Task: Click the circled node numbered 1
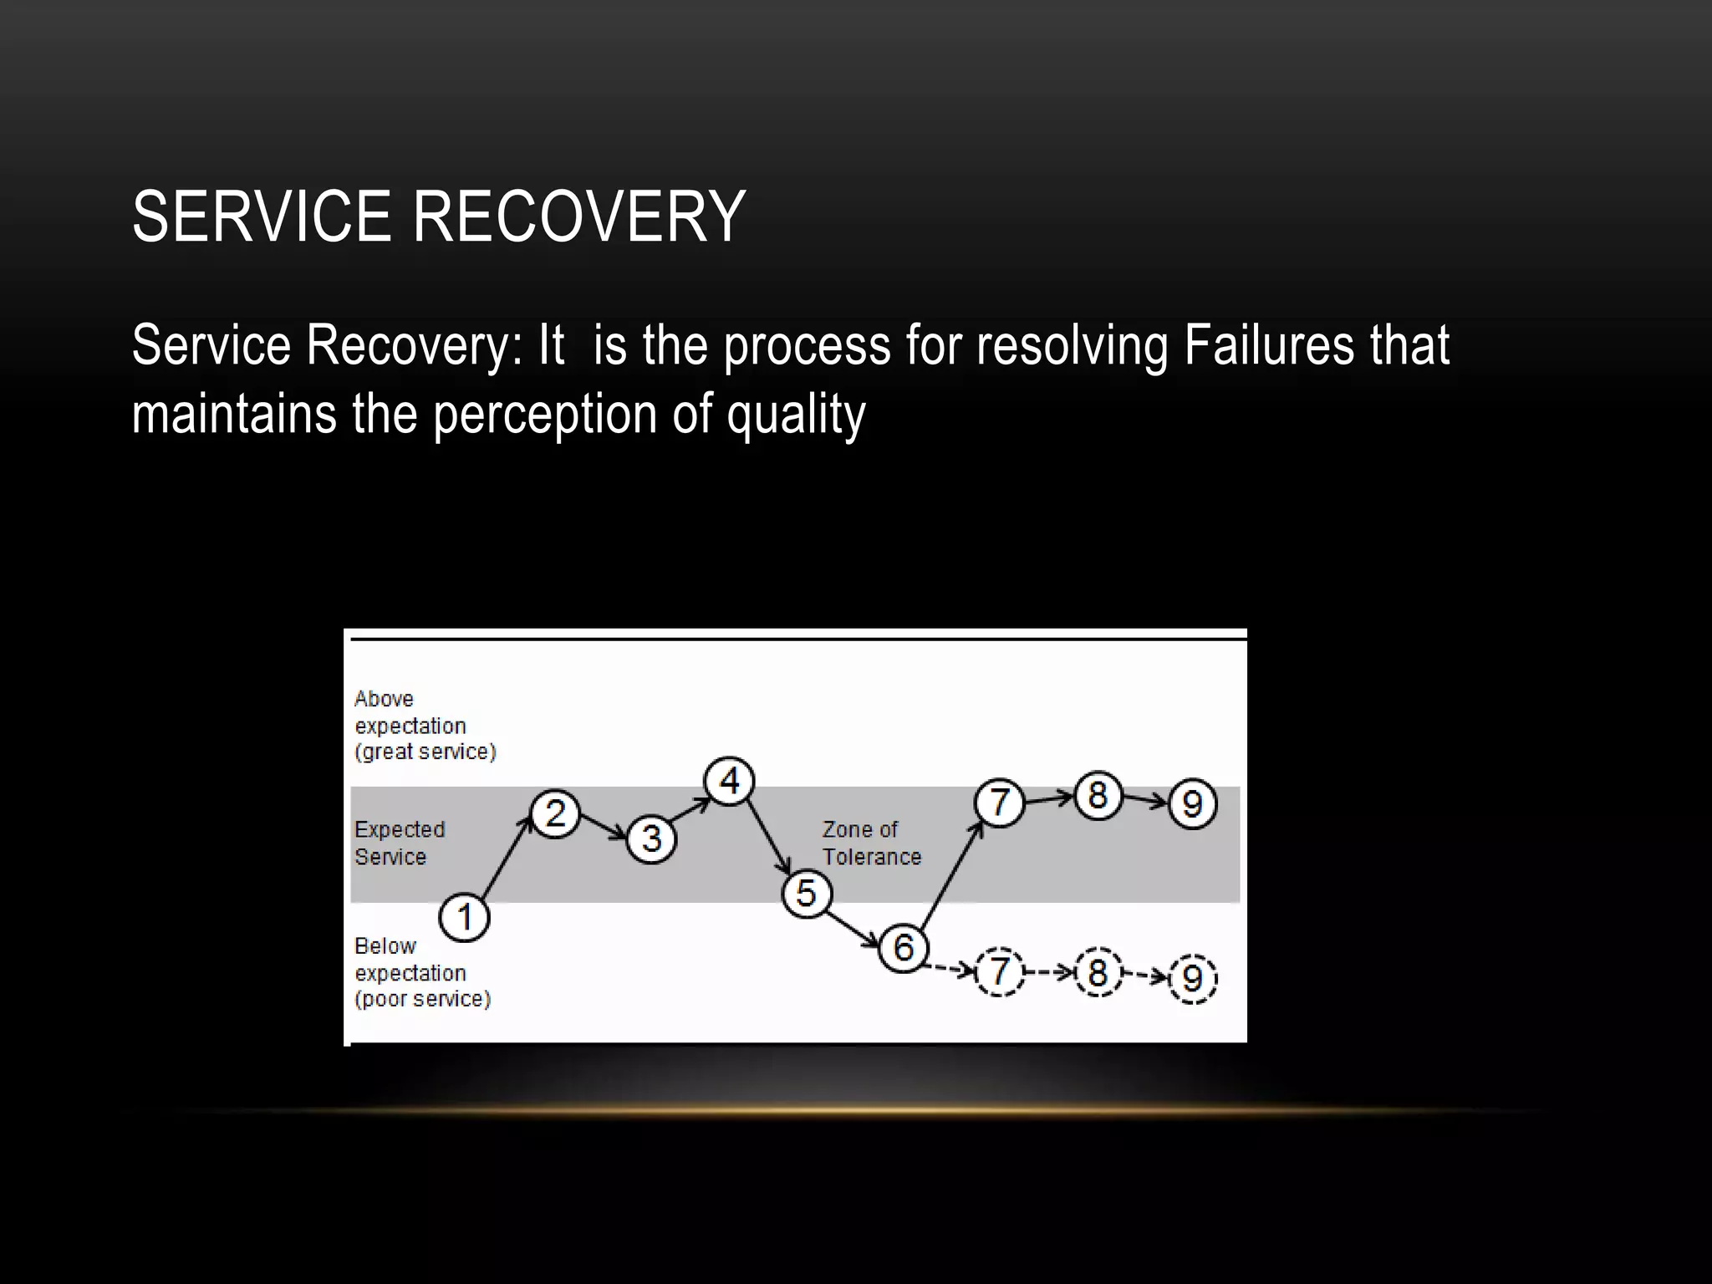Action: click(x=464, y=918)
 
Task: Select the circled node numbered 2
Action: click(x=555, y=813)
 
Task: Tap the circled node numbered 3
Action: click(x=652, y=838)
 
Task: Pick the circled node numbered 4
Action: click(x=729, y=782)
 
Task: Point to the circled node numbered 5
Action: click(x=806, y=894)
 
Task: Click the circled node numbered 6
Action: click(x=903, y=948)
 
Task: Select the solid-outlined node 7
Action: click(x=999, y=802)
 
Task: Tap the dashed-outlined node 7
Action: click(x=999, y=972)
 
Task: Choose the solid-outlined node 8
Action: click(x=1098, y=795)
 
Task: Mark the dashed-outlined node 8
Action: click(x=1098, y=972)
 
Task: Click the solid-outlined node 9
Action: click(x=1192, y=804)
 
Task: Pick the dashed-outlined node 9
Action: click(x=1192, y=978)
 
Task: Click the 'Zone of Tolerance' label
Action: click(x=871, y=843)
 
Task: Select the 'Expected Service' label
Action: click(x=400, y=843)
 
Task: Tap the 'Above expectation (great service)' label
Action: click(x=425, y=726)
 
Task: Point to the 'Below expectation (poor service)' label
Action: click(x=422, y=973)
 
